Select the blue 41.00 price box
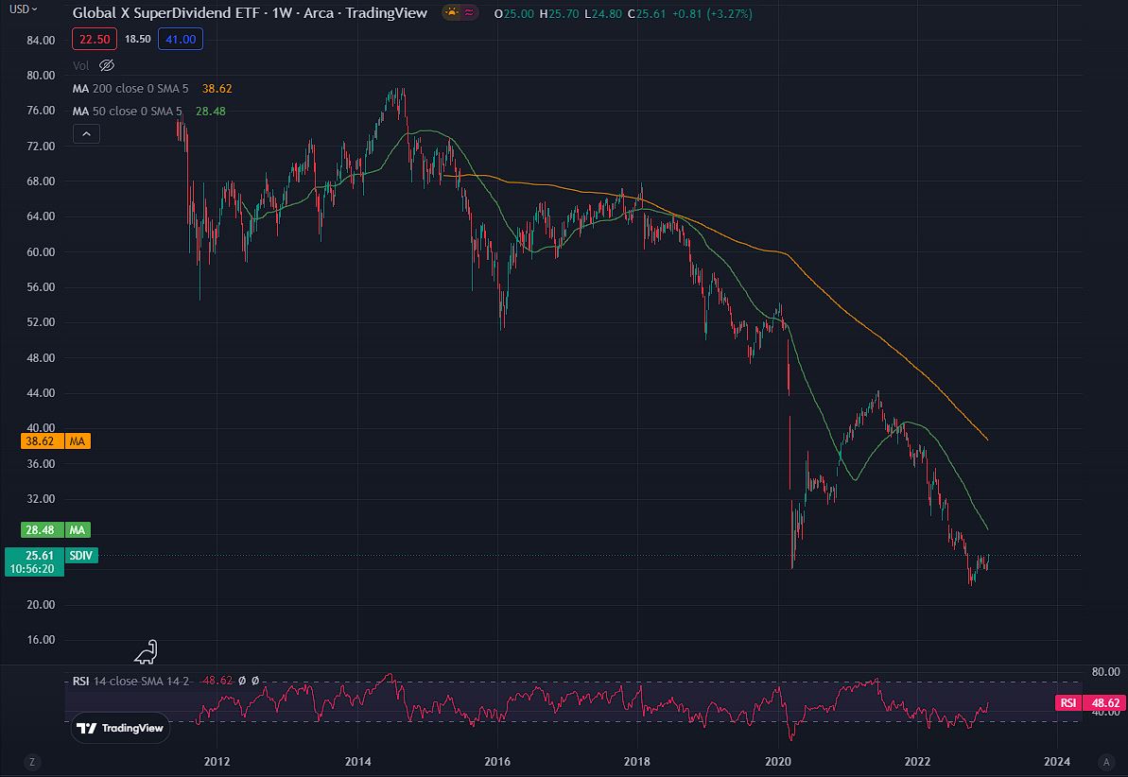[181, 39]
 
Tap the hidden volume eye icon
[106, 65]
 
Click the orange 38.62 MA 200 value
[217, 88]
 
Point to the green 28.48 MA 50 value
[210, 111]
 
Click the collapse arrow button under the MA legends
[86, 134]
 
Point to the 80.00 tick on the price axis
[40, 75]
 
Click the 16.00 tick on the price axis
[40, 640]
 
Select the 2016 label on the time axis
[497, 761]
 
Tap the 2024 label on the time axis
[1057, 761]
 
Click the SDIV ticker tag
[81, 555]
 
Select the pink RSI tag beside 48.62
[1068, 702]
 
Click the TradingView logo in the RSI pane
[119, 728]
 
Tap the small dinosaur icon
[146, 651]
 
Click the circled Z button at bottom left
[32, 761]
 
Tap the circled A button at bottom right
[1105, 761]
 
